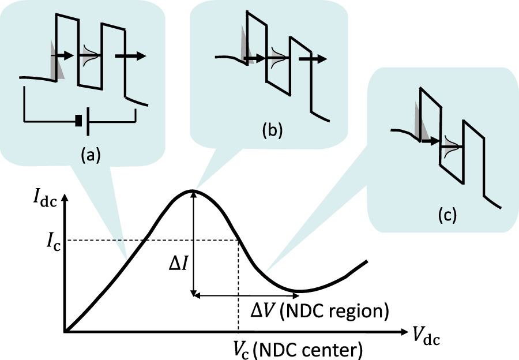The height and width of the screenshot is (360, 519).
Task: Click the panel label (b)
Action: (x=272, y=130)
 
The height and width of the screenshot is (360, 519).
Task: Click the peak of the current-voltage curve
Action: (x=193, y=190)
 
